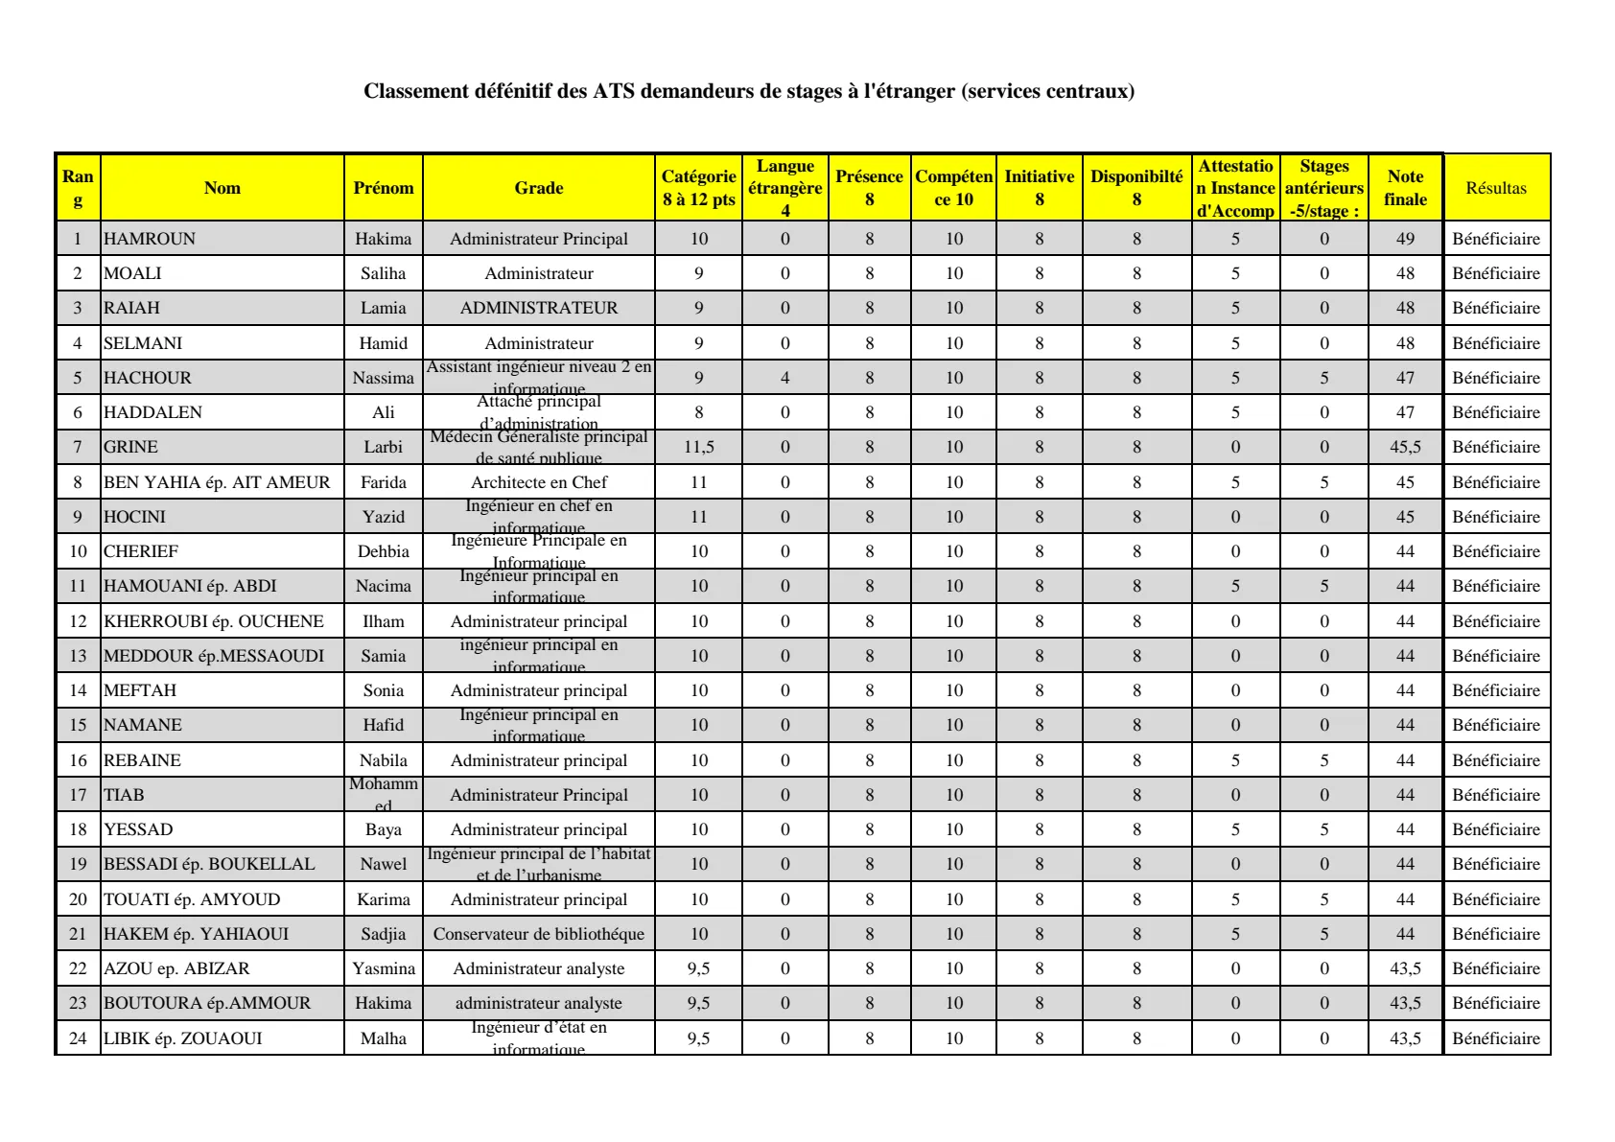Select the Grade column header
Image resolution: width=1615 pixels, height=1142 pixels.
point(539,188)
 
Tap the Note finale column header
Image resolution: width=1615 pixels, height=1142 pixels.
point(1405,188)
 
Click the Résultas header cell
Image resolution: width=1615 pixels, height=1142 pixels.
point(1496,188)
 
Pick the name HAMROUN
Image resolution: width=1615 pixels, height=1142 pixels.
point(150,239)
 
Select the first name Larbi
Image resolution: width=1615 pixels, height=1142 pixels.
point(384,447)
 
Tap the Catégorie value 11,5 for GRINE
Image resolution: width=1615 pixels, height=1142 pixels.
point(699,447)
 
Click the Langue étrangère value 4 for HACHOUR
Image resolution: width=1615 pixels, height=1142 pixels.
point(785,378)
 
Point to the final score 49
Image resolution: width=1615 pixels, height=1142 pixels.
point(1405,239)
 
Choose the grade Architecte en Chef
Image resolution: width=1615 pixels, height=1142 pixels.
point(539,482)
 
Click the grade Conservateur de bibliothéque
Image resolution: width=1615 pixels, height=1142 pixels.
point(539,934)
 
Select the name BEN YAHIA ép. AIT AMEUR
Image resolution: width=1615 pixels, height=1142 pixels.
point(217,482)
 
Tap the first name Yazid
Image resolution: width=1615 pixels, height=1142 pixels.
point(384,517)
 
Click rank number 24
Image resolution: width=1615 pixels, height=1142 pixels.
point(78,1038)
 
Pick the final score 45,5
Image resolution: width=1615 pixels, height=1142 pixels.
point(1405,447)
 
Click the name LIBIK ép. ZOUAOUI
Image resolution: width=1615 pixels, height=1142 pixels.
point(183,1038)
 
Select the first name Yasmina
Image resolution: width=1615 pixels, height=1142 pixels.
point(384,968)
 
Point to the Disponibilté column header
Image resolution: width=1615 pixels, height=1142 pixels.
point(1136,188)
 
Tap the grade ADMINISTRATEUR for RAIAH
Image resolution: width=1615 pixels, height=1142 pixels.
point(539,308)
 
